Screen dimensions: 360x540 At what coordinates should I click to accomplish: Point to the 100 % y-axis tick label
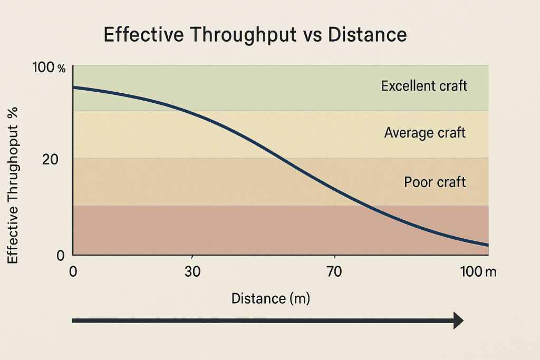click(49, 68)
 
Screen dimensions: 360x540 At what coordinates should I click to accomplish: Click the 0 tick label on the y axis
click(61, 255)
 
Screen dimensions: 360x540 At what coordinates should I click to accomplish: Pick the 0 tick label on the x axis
click(73, 272)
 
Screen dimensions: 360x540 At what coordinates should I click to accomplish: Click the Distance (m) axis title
click(271, 299)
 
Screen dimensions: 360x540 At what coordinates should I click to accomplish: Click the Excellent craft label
click(424, 86)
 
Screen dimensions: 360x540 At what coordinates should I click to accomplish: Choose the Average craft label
click(425, 133)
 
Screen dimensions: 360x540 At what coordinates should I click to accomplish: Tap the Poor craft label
click(435, 182)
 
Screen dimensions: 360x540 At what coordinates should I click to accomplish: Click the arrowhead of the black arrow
click(458, 320)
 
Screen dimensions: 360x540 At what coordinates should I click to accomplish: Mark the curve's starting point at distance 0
click(74, 87)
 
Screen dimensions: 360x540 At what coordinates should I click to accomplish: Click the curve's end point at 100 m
click(488, 245)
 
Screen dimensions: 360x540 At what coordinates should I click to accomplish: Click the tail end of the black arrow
click(74, 320)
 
